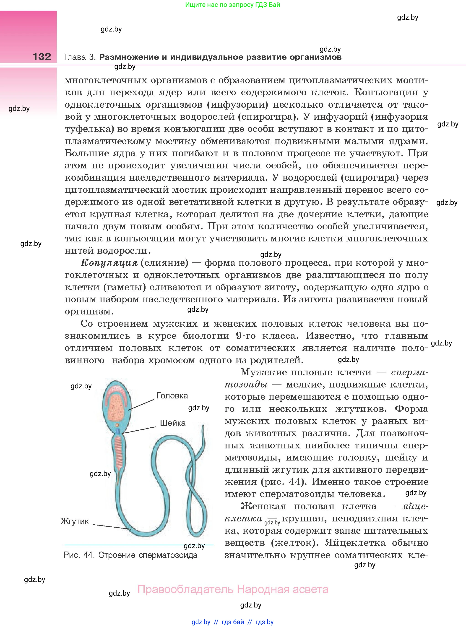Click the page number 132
pyautogui.click(x=42, y=57)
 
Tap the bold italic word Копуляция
pyautogui.click(x=109, y=263)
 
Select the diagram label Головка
pyautogui.click(x=172, y=396)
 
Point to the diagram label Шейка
pyautogui.click(x=173, y=423)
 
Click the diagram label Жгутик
pyautogui.click(x=75, y=521)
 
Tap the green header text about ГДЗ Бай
pyautogui.click(x=233, y=5)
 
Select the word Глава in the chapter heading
pyautogui.click(x=75, y=57)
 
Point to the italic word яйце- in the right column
pyautogui.click(x=415, y=506)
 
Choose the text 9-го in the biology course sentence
pyautogui.click(x=246, y=336)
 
